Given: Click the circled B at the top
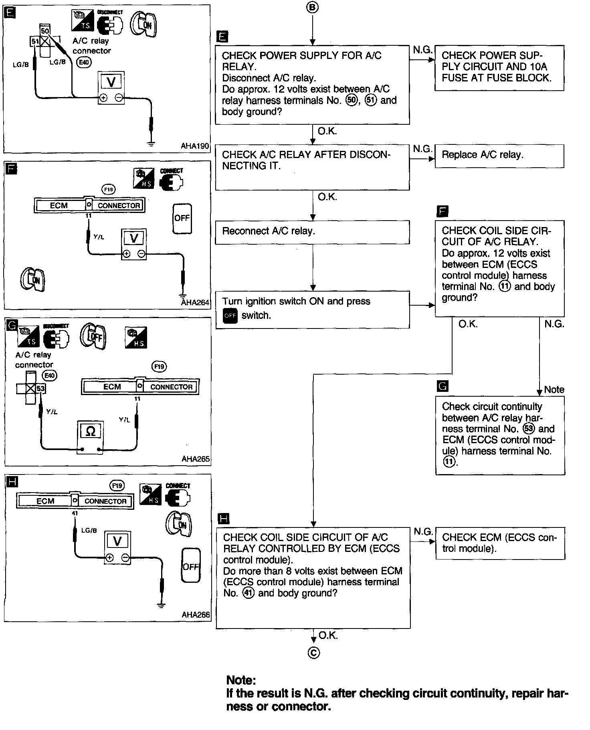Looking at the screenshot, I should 313,8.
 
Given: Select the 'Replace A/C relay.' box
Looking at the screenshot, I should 499,156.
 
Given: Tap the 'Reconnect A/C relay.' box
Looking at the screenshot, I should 312,232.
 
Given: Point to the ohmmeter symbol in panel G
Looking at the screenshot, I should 91,431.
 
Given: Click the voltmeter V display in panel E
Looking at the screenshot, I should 111,82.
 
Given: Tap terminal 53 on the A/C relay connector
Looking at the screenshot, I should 40,388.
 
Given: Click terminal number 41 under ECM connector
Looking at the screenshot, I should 75,513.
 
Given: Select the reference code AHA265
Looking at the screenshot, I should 196,459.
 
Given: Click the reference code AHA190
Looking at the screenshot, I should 195,146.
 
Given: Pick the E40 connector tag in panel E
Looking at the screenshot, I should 84,62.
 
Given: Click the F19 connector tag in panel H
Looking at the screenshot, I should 117,486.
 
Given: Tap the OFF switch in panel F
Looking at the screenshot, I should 182,218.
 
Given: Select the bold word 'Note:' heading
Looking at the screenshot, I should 241,680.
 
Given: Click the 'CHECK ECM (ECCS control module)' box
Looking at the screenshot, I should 500,543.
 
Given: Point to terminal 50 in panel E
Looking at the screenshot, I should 45,31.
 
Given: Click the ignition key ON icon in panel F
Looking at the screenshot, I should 33,279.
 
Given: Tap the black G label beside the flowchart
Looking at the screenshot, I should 442,386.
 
